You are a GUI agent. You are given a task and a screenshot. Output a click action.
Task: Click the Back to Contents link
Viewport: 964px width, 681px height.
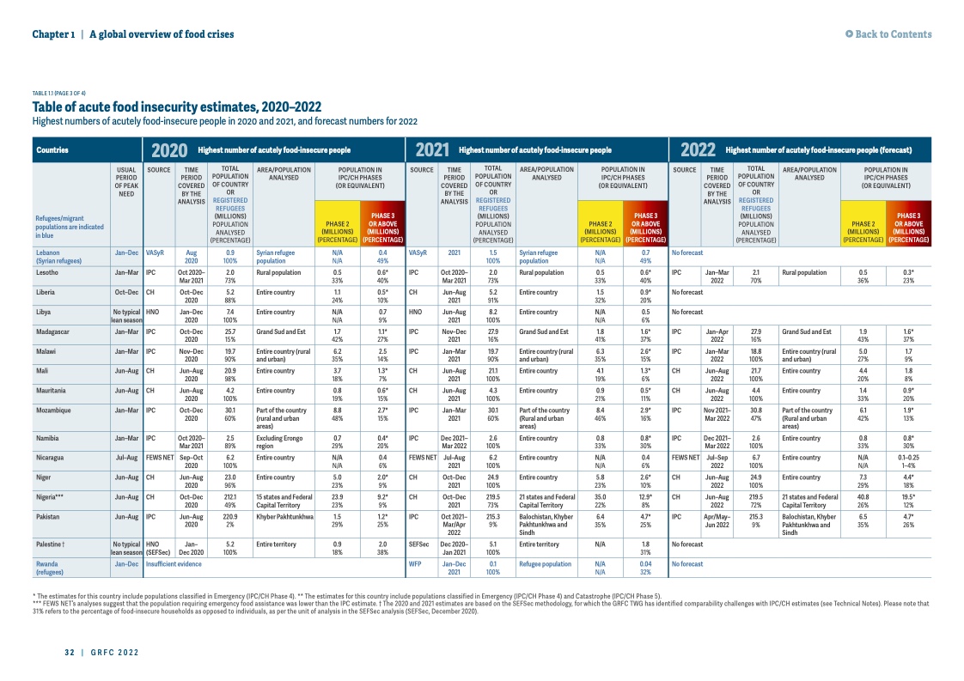point(888,34)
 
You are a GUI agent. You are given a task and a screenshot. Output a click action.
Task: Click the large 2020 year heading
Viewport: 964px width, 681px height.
point(168,149)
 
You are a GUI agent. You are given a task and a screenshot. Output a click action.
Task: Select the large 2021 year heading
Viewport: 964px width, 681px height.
point(433,149)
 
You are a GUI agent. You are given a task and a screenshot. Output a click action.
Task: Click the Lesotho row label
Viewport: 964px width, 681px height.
point(48,271)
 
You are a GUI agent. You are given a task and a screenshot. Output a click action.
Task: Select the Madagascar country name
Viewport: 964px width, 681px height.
point(53,331)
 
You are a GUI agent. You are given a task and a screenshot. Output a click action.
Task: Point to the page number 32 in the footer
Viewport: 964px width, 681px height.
point(69,653)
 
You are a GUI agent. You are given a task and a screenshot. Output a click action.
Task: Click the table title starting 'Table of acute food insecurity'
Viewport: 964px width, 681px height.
point(177,107)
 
